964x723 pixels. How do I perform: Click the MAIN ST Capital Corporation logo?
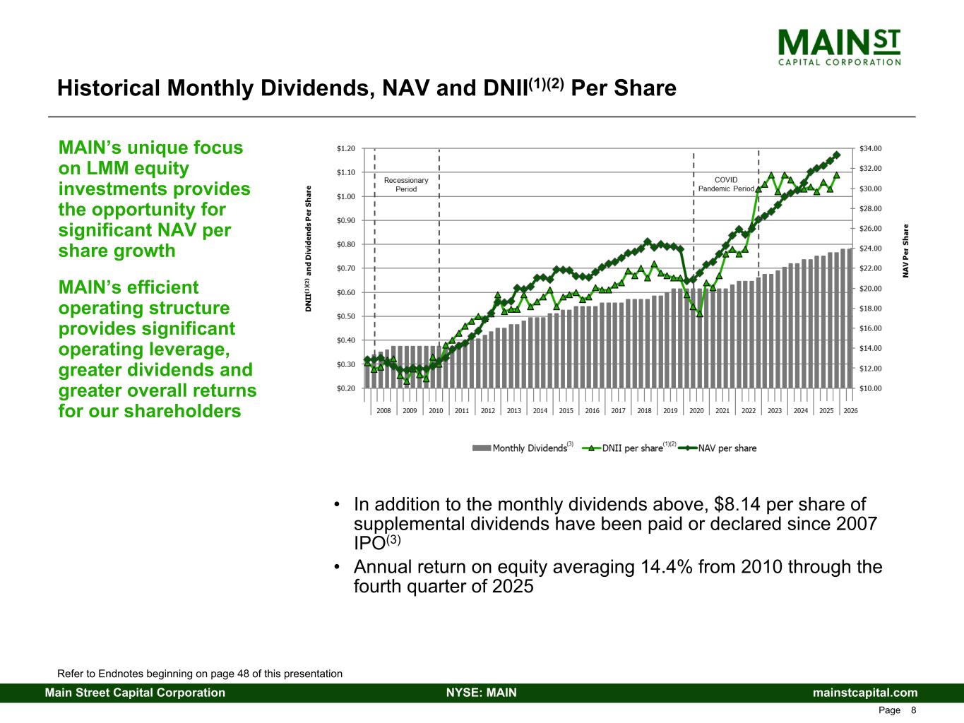coord(839,47)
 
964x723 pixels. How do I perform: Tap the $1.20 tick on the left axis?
coord(345,148)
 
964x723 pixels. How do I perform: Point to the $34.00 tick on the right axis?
coord(871,148)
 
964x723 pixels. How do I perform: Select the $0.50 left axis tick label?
coord(345,316)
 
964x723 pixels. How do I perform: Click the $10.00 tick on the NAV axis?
coord(871,388)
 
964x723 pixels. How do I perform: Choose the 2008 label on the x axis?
coord(383,410)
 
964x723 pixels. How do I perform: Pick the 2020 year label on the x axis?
coord(696,410)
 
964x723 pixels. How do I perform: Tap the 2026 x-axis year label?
coord(850,410)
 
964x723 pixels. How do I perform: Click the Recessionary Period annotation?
coord(406,185)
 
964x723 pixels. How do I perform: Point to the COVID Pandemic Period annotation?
coord(726,184)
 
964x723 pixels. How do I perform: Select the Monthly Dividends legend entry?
coord(523,448)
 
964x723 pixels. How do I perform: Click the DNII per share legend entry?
coord(629,448)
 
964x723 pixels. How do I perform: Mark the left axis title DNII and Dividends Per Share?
coord(309,249)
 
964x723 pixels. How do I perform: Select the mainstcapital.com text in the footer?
coord(865,693)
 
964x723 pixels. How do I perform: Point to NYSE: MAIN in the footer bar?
coord(482,693)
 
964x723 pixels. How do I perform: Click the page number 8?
coord(914,710)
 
